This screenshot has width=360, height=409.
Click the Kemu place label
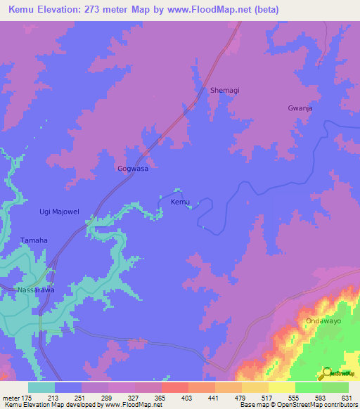[181, 202]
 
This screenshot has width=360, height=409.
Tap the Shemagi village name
[225, 90]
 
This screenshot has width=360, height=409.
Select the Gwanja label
[300, 109]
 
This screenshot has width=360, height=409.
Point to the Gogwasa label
[132, 169]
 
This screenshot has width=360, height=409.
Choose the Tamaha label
[33, 240]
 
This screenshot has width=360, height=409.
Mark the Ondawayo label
[323, 321]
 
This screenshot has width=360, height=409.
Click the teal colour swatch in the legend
[41, 387]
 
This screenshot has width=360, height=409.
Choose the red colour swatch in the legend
[175, 387]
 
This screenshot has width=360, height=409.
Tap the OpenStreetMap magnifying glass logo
[326, 372]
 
